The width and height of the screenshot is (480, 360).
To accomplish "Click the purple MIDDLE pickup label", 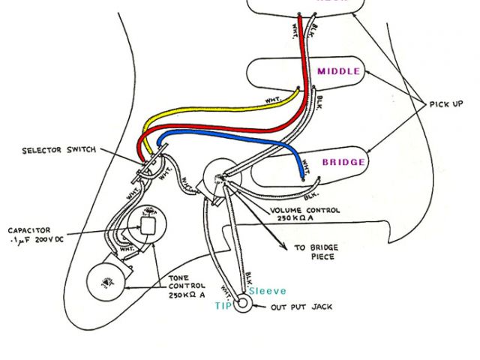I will click(338, 72).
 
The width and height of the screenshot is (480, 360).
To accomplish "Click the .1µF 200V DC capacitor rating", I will click(36, 240).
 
